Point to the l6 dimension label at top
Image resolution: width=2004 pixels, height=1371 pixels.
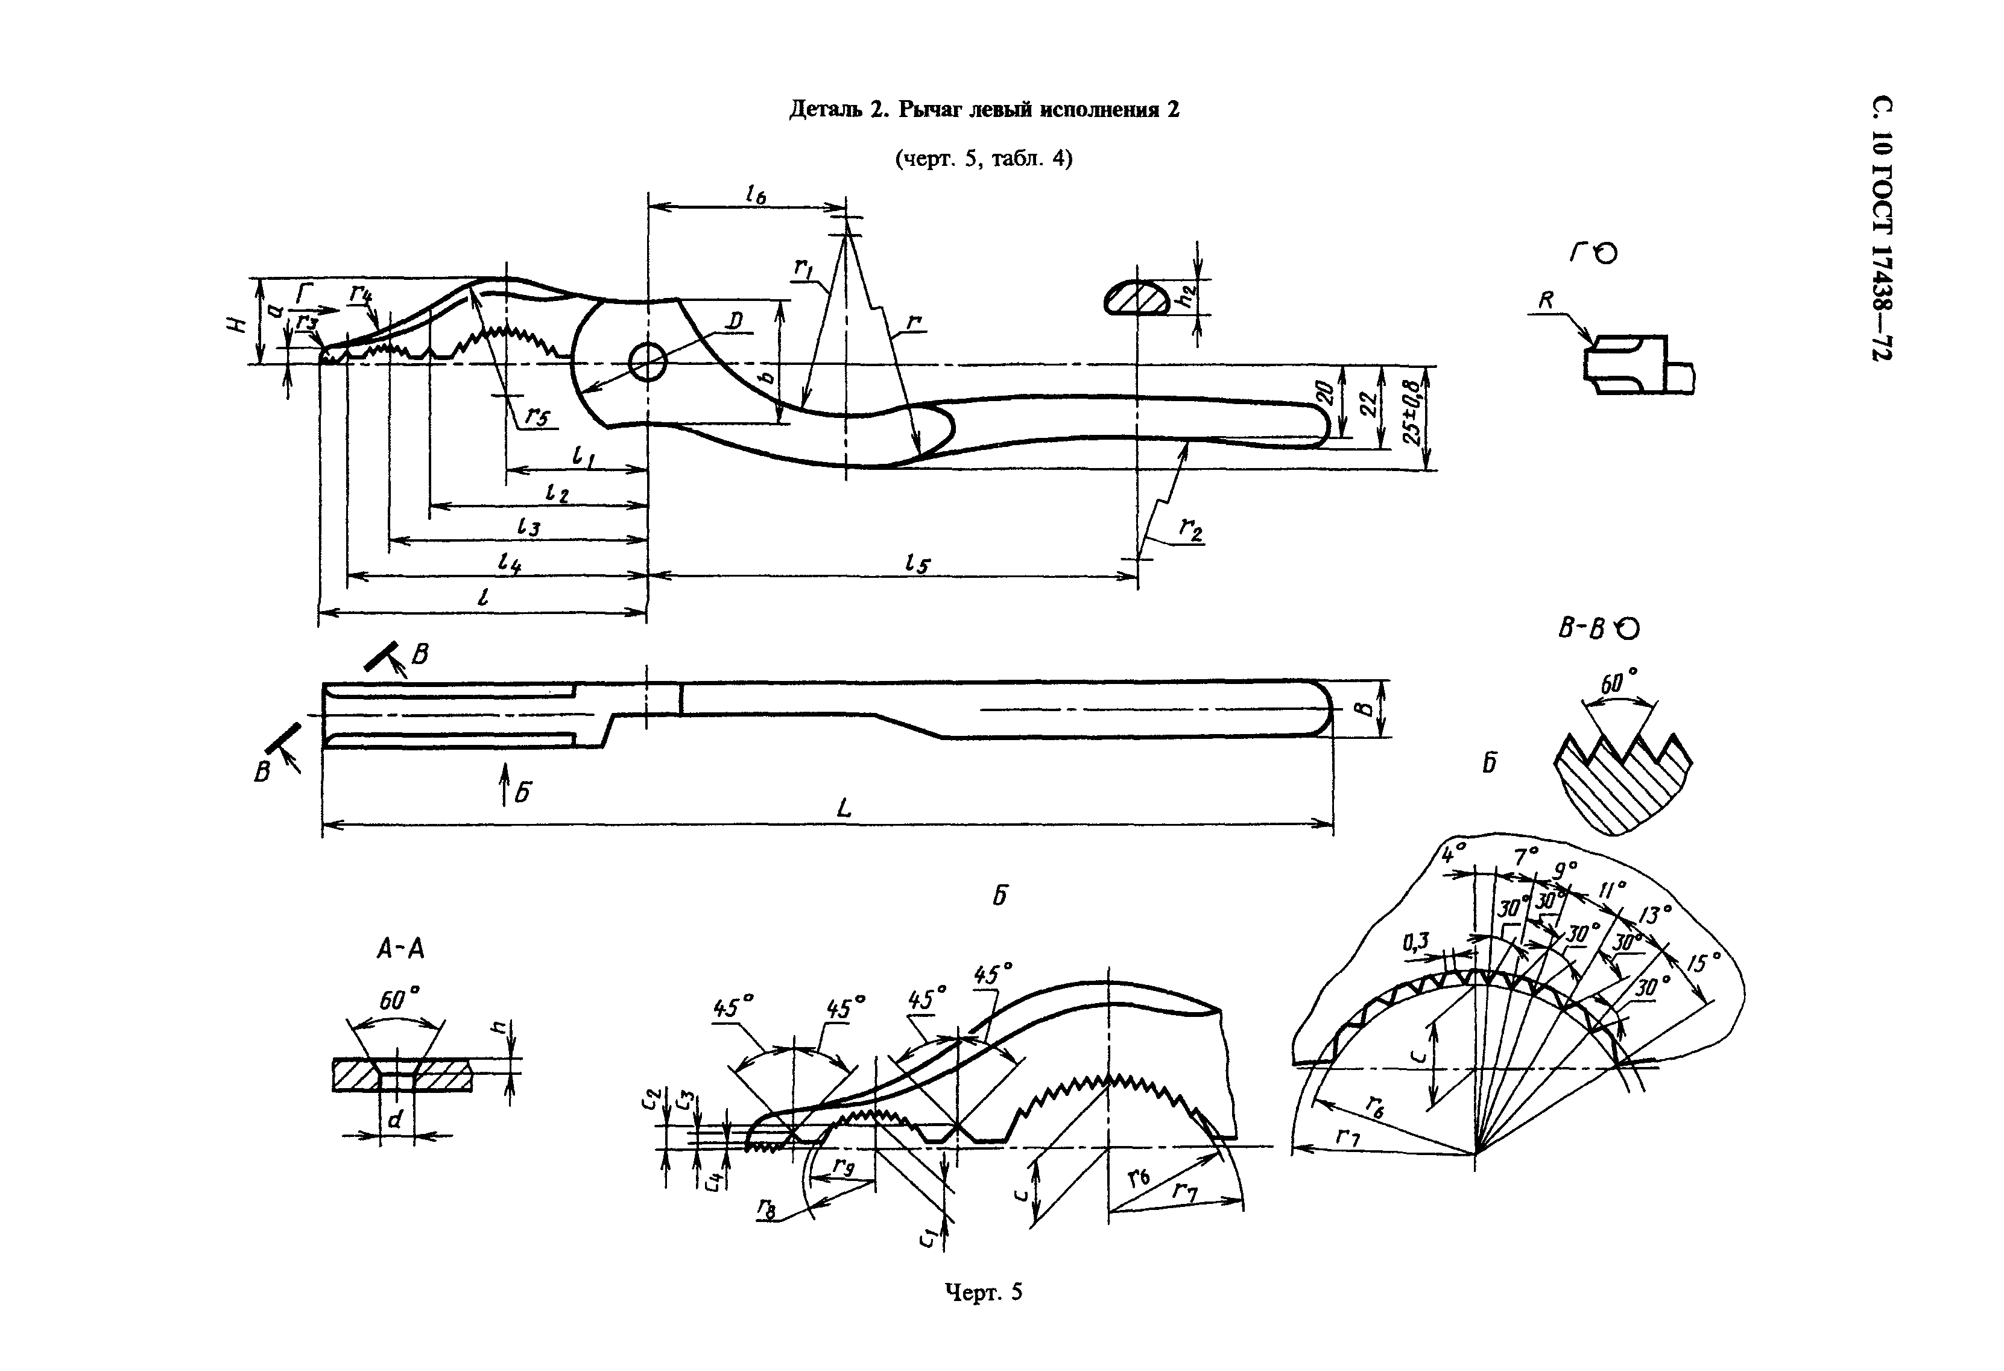coord(756,196)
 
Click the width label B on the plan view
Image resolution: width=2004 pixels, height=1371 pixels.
coord(1362,709)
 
